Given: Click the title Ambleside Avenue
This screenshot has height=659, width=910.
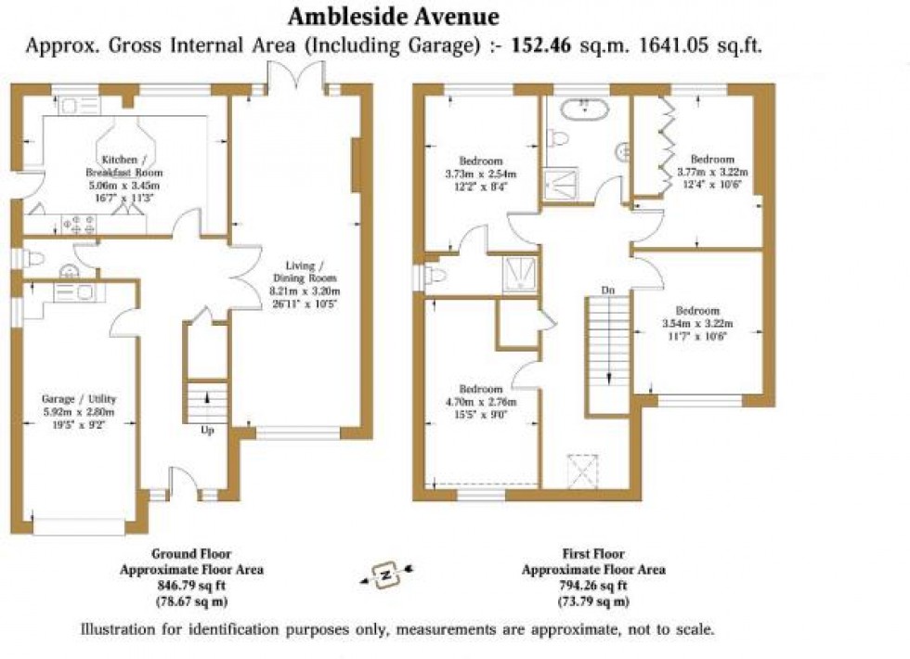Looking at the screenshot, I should point(393,17).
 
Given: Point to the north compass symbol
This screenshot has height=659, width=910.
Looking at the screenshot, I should point(383,575).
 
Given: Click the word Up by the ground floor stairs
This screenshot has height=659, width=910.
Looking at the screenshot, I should point(209,431).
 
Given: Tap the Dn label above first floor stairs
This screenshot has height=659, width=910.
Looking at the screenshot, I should point(607,291).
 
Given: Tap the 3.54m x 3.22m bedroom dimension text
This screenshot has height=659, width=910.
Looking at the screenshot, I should point(697,323).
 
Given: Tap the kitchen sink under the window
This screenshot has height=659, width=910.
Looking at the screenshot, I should point(71,105).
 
